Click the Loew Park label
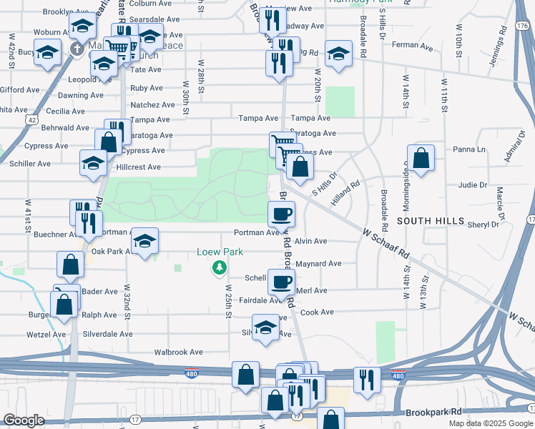221,252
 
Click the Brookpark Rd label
434,413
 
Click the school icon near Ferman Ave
338,53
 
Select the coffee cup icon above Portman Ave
282,212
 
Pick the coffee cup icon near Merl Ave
282,280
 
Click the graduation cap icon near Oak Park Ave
145,242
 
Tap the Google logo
24,420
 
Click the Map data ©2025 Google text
491,423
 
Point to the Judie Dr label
472,185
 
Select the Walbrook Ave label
179,352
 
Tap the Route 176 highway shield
521,26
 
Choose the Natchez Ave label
152,104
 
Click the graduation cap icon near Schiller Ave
93,164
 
